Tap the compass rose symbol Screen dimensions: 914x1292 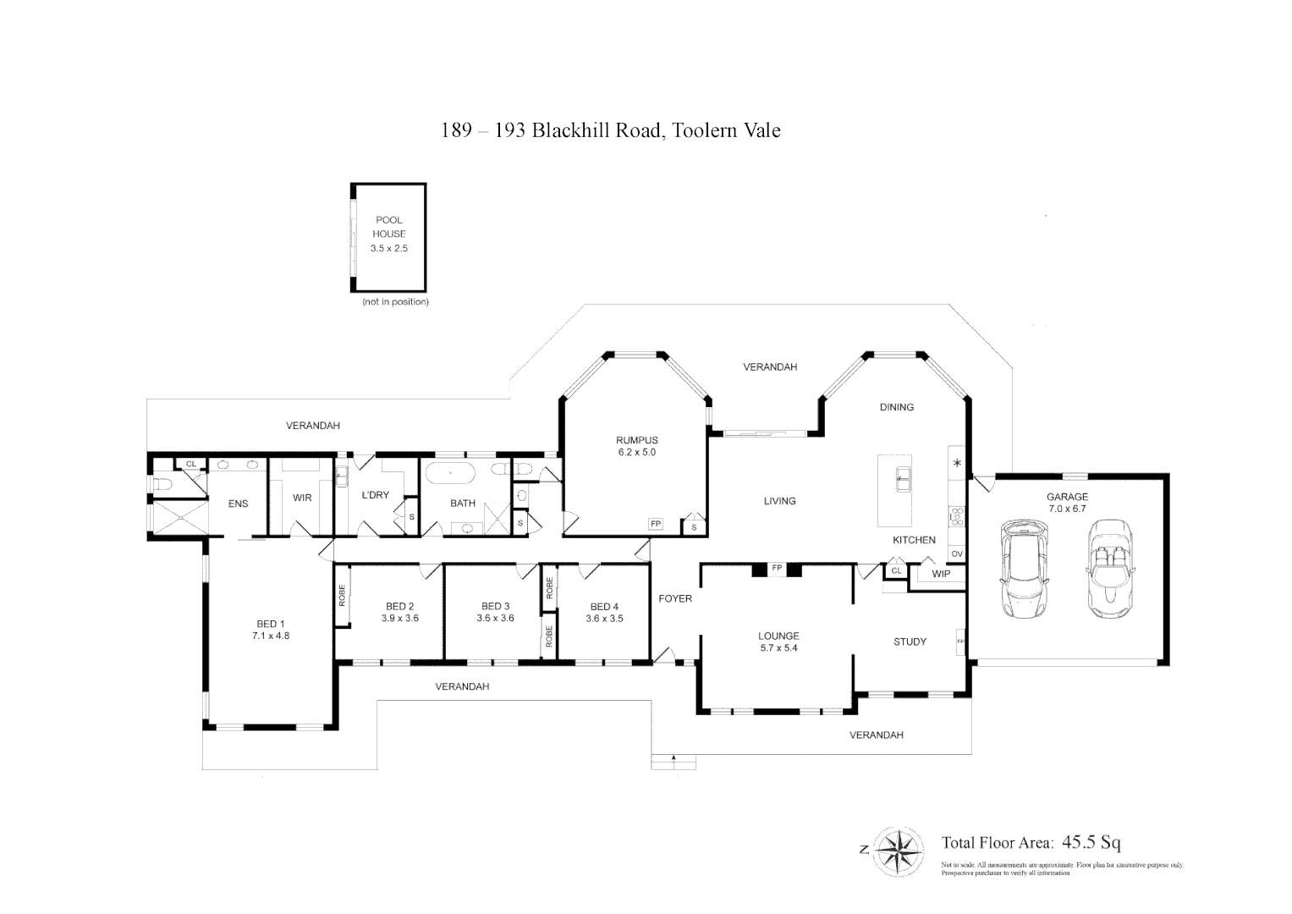tap(898, 851)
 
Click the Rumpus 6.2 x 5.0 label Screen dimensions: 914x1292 tap(636, 446)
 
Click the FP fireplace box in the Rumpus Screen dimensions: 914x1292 tap(655, 525)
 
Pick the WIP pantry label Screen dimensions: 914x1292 tap(941, 574)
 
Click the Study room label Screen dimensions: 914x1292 tap(910, 641)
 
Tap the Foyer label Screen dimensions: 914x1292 tap(674, 598)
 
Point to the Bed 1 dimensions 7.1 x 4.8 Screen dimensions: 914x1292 tap(271, 636)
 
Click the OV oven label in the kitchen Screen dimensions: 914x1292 tap(957, 554)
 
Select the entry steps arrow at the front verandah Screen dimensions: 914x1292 tap(673, 758)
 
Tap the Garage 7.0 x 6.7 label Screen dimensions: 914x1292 tap(1067, 503)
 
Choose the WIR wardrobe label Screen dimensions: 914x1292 tap(302, 498)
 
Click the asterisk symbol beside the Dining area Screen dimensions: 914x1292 tap(957, 463)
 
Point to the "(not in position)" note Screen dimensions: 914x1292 tap(395, 302)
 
